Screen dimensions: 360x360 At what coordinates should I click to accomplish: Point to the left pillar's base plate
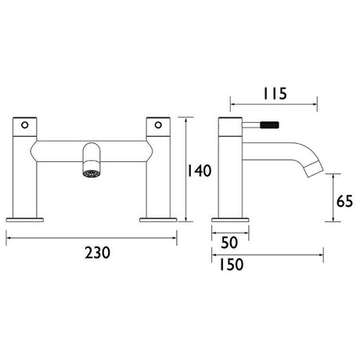(25, 219)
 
